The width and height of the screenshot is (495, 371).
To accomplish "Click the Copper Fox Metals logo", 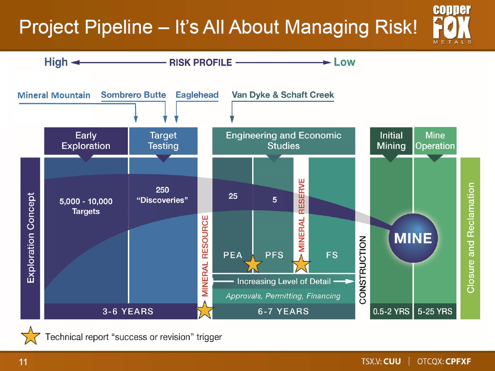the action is point(452,24).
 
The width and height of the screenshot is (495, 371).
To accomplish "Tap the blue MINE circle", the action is point(413,238).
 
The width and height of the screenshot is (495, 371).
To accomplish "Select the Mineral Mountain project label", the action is point(54,95).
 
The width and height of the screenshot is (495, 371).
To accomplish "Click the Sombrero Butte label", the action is point(133,95).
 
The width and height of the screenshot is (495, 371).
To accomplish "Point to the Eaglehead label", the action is point(197,95).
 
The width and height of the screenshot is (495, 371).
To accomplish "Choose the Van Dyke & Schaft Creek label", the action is point(283,95).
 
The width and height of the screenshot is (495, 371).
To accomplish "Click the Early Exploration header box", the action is point(86,141).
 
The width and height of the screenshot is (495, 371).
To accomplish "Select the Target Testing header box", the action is point(163,141).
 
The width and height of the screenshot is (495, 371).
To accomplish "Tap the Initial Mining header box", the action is point(391,141).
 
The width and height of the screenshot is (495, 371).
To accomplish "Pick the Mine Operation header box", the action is point(435,141).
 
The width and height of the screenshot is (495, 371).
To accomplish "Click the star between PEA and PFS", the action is point(253,264).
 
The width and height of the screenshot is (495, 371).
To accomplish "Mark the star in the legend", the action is point(31,336).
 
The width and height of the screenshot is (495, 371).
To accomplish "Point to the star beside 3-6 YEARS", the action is point(205,310).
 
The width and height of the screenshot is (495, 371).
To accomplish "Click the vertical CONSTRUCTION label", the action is point(363,270).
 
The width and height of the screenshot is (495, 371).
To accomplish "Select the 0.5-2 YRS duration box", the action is point(391,311).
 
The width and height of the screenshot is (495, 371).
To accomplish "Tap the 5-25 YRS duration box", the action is point(435,311).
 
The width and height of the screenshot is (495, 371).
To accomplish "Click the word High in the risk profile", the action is point(56,62).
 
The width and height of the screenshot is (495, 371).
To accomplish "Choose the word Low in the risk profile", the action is point(344,62).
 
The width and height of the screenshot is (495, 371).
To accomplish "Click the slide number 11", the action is point(23,362).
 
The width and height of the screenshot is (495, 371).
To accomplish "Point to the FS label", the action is point(332,255).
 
